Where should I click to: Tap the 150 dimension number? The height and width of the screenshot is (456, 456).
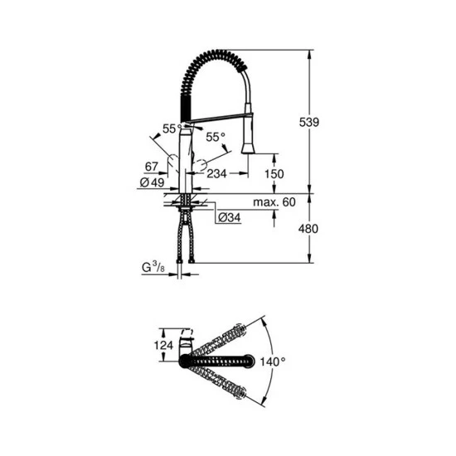(274, 174)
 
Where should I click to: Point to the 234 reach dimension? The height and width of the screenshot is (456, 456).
(217, 174)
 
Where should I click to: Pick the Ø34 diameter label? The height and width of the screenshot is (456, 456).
(228, 218)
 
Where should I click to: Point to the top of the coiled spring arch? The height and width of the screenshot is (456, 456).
(217, 51)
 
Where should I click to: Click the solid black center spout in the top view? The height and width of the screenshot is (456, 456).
(219, 360)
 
